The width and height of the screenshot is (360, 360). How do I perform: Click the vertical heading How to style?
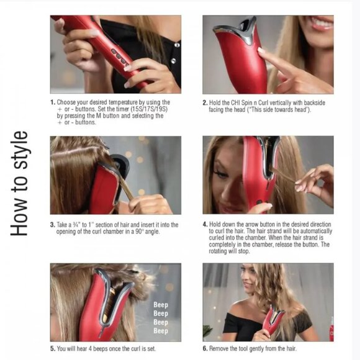[x=19, y=183]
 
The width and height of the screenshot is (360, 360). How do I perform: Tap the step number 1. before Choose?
[x=53, y=102]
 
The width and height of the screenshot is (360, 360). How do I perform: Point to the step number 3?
[x=53, y=225]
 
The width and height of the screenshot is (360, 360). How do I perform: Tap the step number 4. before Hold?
[x=205, y=224]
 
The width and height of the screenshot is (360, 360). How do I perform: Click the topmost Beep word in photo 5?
[x=161, y=305]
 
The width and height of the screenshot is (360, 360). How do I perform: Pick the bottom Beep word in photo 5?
[x=161, y=331]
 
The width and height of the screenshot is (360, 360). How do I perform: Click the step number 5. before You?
[x=53, y=349]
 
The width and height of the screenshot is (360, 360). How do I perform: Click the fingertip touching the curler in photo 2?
[x=261, y=50]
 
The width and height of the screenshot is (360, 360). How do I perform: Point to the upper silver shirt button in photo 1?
[x=177, y=45]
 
